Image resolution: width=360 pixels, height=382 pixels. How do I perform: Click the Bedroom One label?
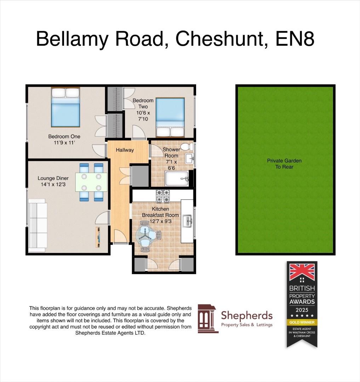64,137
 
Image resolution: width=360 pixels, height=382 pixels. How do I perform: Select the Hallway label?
125,150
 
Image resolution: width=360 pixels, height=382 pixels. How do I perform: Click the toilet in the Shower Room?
185,146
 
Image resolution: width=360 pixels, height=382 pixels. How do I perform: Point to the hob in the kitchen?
163,196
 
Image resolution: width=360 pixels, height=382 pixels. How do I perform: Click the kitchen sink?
187,222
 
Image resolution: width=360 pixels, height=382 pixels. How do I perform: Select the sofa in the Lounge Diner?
38,225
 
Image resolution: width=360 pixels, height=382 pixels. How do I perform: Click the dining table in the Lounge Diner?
91,182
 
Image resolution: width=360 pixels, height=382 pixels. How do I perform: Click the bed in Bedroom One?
65,108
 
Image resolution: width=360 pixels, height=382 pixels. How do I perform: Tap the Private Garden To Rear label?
284,163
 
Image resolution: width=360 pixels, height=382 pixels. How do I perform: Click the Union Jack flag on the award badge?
302,272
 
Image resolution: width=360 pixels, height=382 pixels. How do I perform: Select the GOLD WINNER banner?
302,322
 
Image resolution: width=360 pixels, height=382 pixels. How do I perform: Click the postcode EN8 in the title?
295,39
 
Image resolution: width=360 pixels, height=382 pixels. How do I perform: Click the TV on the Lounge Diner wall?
98,237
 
